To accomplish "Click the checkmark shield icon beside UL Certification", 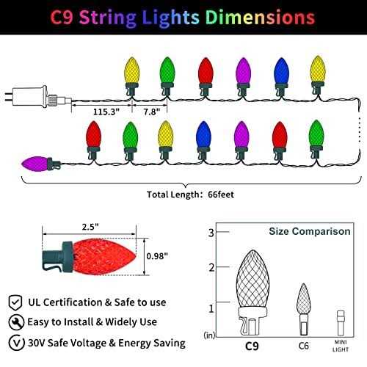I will (x=16, y=302).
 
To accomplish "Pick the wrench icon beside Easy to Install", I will (x=16, y=322).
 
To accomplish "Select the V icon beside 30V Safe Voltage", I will (x=16, y=343).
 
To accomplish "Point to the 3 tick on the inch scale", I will (x=211, y=233).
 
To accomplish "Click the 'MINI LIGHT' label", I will (x=339, y=344).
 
